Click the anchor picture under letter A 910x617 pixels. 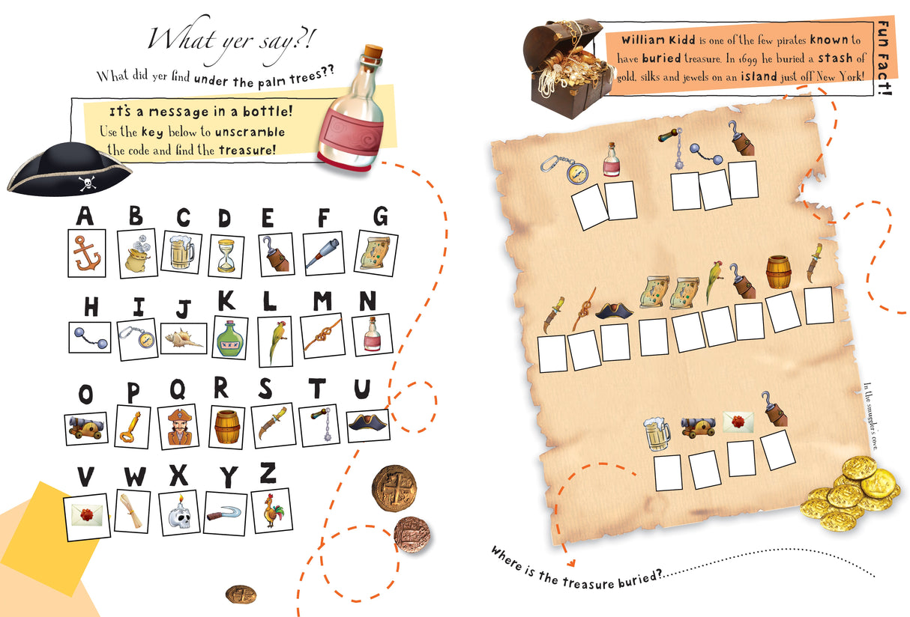tap(87, 252)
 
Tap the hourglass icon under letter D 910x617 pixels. tap(226, 255)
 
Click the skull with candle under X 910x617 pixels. tap(179, 512)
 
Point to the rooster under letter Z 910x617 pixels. tap(271, 511)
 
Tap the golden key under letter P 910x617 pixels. tap(133, 426)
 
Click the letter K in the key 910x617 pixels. tap(226, 300)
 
